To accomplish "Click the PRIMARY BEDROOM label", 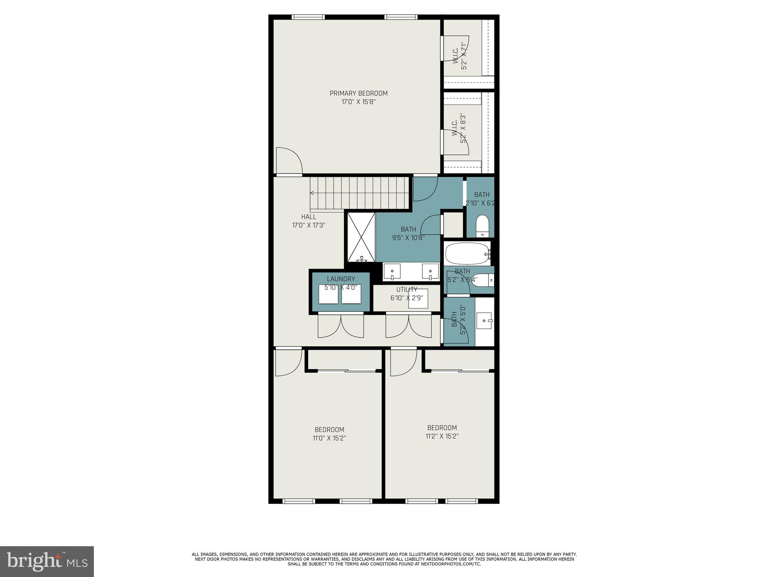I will click(358, 93).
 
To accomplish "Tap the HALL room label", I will click(308, 217).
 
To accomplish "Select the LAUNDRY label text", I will click(341, 279).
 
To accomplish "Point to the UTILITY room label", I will click(407, 289).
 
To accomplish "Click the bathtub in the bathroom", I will click(467, 254).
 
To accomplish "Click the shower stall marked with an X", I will click(360, 237).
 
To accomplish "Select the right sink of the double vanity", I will click(430, 271).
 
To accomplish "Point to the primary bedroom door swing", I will click(289, 161).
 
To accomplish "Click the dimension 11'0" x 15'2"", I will click(329, 438).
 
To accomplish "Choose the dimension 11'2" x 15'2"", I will click(442, 436).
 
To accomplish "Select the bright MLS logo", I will click(47, 561).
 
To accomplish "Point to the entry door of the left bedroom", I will click(288, 362).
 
